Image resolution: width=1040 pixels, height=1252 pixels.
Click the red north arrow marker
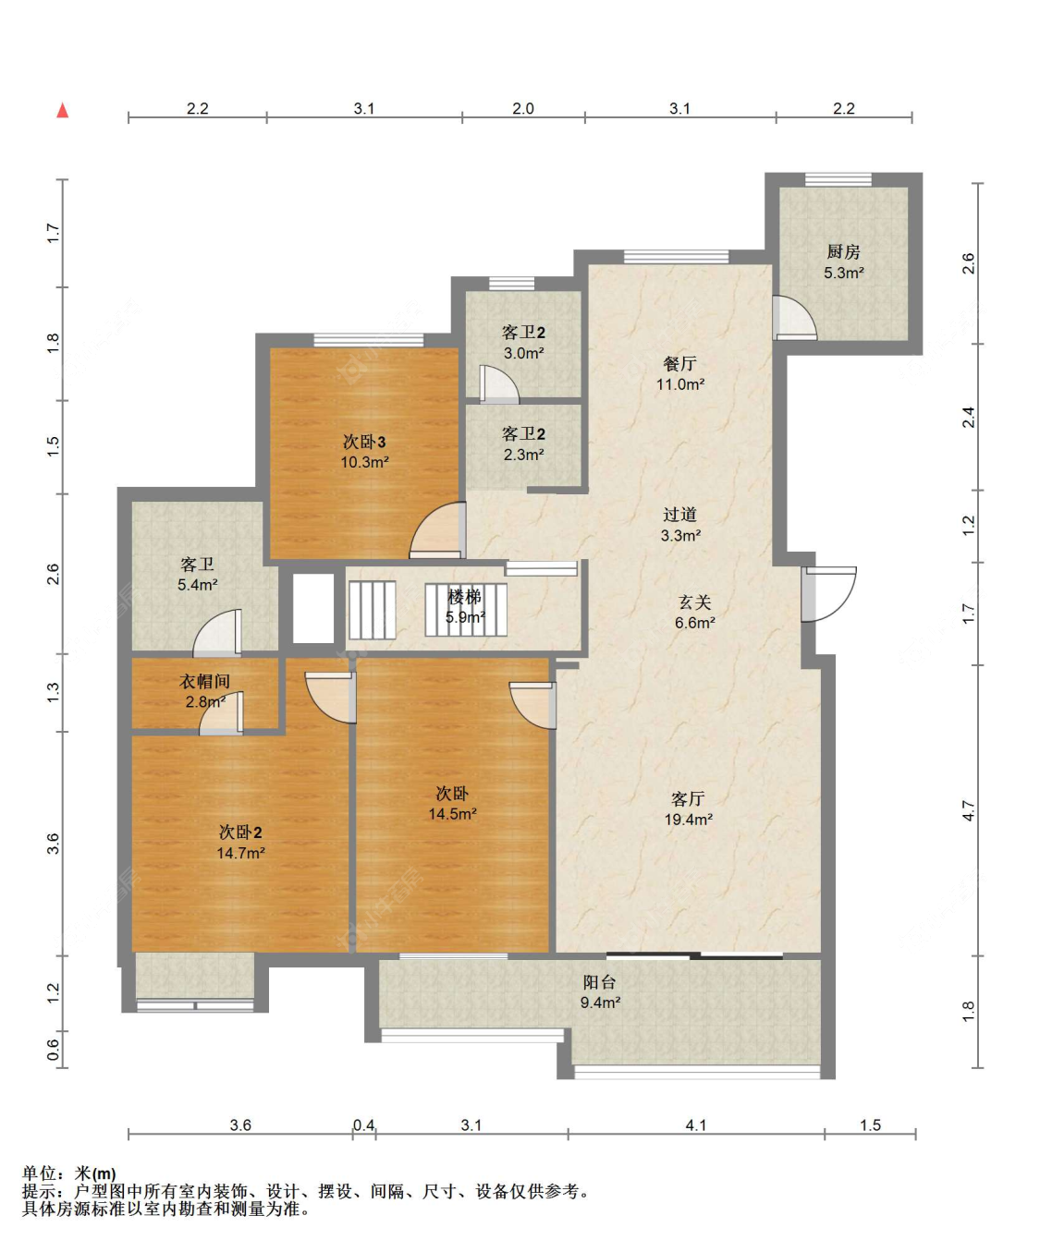point(63,110)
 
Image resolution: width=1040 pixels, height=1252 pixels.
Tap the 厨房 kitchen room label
point(843,252)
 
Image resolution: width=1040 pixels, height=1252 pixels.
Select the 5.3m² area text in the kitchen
point(843,273)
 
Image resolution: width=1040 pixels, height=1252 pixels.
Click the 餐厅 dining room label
point(679,363)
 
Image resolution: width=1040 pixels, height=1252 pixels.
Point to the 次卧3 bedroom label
point(364,442)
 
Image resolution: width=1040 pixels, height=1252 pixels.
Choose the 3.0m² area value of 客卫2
point(523,354)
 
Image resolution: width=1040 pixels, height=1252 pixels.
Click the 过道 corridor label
point(680,515)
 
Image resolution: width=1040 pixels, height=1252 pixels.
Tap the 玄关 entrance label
point(694,602)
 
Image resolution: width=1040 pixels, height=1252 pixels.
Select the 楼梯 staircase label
point(464,597)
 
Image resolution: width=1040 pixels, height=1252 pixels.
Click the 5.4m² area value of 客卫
point(197,585)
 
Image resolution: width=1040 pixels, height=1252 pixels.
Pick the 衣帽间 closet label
point(204,681)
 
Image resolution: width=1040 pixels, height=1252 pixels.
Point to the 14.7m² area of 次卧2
point(240,853)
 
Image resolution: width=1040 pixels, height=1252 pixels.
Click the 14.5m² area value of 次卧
point(452,814)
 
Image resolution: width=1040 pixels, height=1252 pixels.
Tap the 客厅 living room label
point(688,798)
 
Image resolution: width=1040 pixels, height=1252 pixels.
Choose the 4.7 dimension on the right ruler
point(969,810)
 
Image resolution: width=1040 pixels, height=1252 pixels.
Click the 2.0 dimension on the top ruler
point(522,108)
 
